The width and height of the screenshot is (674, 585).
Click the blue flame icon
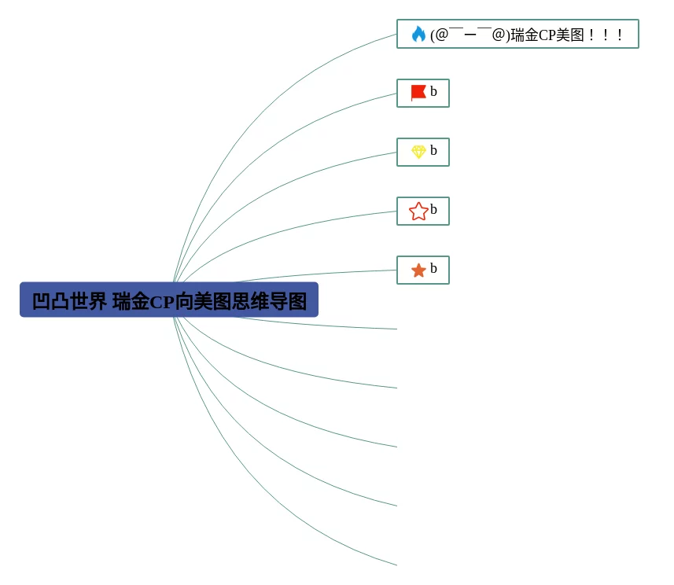pos(418,34)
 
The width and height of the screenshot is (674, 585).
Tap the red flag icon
pos(418,93)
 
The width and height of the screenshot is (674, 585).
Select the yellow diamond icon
pos(418,152)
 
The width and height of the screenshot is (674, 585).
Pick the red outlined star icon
pos(418,211)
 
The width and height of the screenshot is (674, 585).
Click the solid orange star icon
pos(418,270)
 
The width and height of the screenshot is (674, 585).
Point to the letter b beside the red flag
pos(433,92)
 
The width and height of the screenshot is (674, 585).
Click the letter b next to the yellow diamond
pos(433,151)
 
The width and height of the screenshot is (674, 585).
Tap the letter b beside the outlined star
pos(433,210)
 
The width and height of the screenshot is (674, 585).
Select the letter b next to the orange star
pos(433,269)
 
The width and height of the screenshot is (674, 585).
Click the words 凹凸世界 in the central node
pos(69,301)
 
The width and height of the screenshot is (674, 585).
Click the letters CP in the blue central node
pos(161,302)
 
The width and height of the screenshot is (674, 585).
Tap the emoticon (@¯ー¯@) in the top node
pos(470,35)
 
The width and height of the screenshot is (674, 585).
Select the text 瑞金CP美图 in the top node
pos(547,35)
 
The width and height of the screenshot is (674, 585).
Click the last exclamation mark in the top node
pos(620,35)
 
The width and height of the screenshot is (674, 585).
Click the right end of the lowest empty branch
pos(396,565)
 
